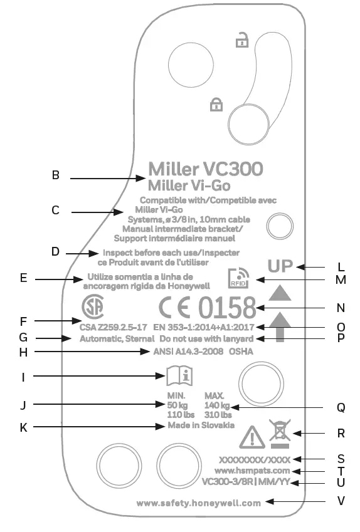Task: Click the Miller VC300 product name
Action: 205,169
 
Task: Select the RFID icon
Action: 238,277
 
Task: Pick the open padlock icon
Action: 241,42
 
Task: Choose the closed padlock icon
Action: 216,104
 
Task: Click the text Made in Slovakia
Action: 201,425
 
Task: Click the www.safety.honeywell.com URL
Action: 198,503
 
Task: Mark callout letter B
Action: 56,176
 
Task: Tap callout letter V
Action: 341,501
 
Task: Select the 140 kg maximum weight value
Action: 218,405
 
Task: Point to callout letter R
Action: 341,433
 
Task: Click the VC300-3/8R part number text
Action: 227,483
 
